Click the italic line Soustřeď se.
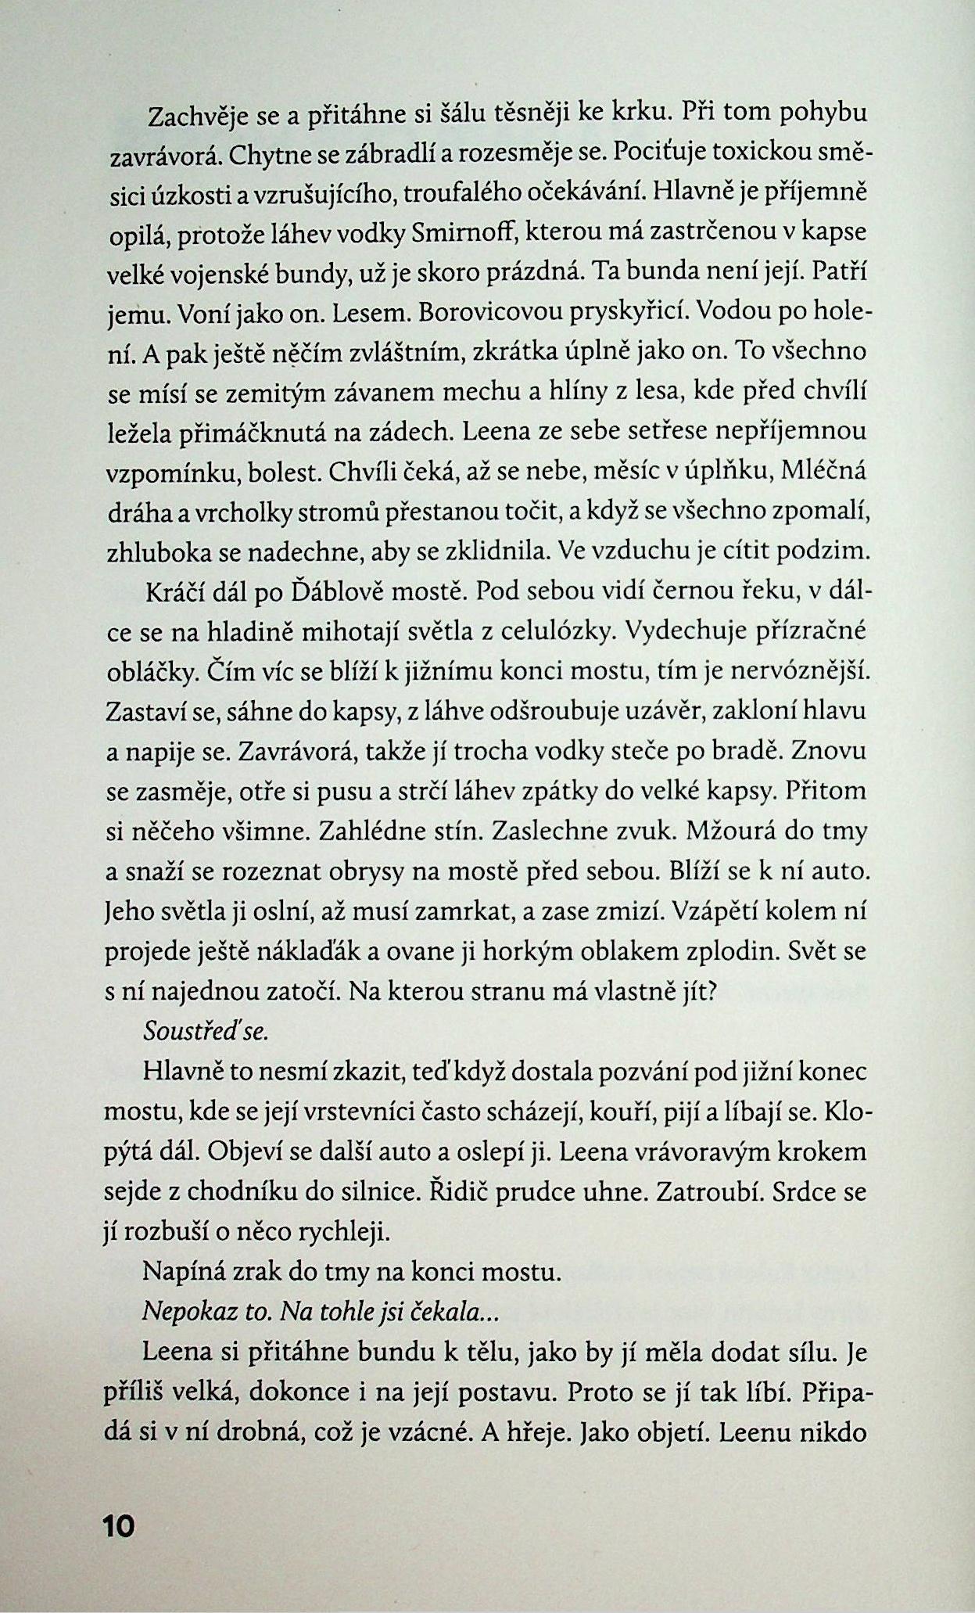tap(206, 1032)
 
